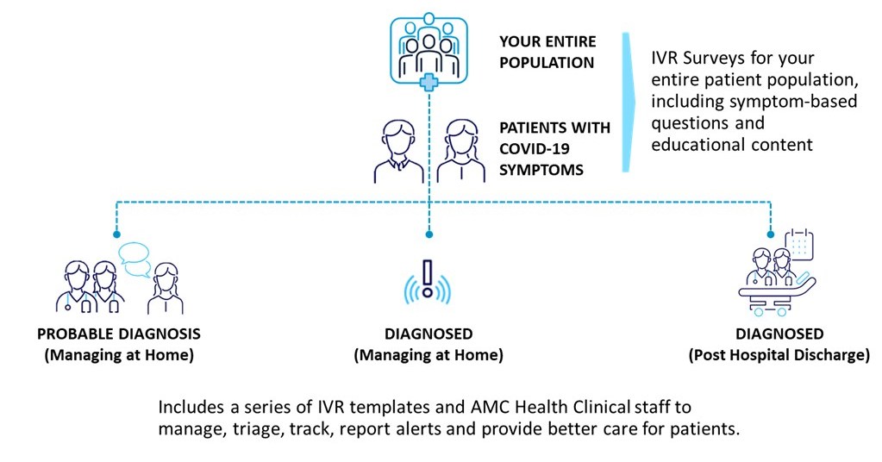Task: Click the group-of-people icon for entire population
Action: click(x=428, y=47)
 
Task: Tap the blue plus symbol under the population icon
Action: click(x=428, y=83)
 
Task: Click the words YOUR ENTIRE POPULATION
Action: click(x=547, y=52)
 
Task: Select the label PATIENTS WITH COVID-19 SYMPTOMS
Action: click(x=555, y=148)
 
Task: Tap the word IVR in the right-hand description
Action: click(x=666, y=59)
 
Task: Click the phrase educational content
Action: click(x=732, y=144)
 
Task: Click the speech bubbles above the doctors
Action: click(x=134, y=259)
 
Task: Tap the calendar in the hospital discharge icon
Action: click(x=801, y=246)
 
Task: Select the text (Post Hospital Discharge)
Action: click(x=779, y=354)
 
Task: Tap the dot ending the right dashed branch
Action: click(x=769, y=234)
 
